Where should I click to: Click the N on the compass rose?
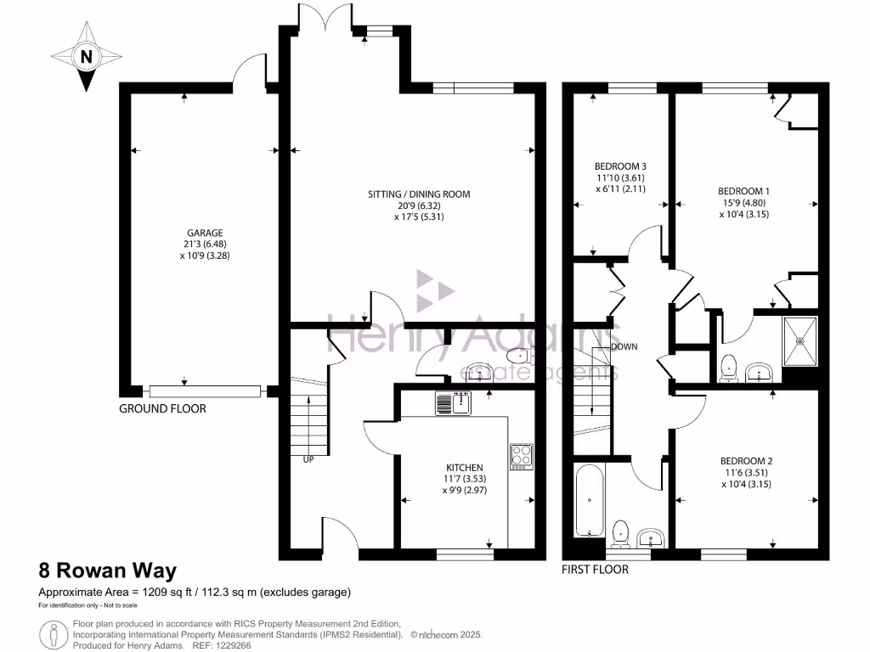(x=86, y=57)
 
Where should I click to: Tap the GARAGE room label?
(x=205, y=233)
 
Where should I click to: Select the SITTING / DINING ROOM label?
(x=419, y=194)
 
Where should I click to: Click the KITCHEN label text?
(x=465, y=468)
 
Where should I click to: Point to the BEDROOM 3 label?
(x=620, y=166)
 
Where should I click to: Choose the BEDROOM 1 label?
(x=743, y=191)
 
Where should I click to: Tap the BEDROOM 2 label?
(x=746, y=461)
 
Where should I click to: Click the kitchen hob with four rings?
(x=522, y=457)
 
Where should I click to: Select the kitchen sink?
(x=454, y=402)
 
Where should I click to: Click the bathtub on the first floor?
(x=590, y=501)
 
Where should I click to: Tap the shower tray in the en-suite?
(x=799, y=341)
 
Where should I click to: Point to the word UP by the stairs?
(x=308, y=459)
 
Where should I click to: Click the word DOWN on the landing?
(x=624, y=347)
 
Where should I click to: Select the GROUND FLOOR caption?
(x=162, y=408)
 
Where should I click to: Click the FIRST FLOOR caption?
(x=595, y=570)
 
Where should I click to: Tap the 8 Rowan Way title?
(x=108, y=570)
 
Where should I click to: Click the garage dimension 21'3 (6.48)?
(x=205, y=244)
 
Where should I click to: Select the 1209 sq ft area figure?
(x=166, y=592)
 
